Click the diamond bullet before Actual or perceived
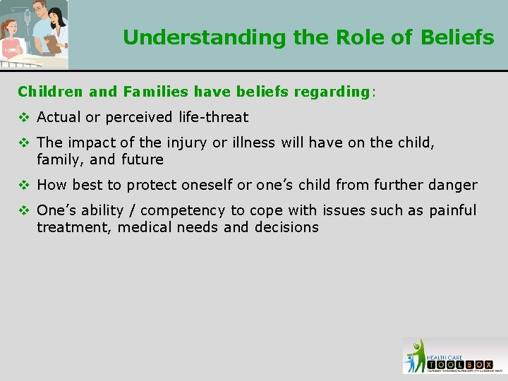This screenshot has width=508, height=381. (23, 117)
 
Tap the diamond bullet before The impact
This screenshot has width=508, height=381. (23, 143)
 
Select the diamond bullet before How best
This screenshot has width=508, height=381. (23, 186)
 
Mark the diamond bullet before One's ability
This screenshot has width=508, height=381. (23, 211)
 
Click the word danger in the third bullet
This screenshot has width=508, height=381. (452, 186)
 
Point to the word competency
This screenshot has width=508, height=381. (182, 211)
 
